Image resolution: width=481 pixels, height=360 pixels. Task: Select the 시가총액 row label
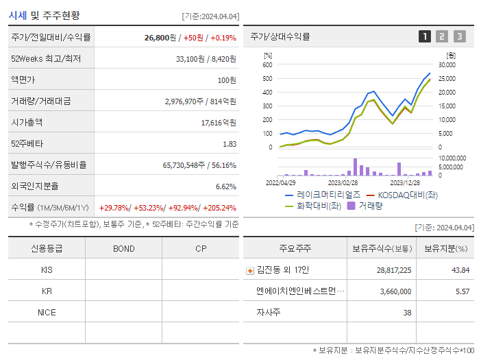point(27,122)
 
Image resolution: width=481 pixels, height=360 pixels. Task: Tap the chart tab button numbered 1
point(425,36)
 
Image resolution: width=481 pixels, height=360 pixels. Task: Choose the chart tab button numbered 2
point(442,36)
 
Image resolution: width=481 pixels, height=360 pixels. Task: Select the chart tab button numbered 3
point(459,36)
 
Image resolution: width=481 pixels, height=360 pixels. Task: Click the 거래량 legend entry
point(370,205)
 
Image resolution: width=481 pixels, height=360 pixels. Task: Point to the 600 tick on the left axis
point(267,64)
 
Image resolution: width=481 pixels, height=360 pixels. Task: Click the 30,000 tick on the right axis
point(447,64)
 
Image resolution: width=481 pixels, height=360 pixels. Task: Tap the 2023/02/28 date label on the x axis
point(343,183)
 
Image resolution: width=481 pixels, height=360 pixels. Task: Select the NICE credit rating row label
point(47,312)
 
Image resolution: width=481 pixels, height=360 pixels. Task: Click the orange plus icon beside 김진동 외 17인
point(249,270)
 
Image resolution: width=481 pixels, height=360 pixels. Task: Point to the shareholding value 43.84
point(460,270)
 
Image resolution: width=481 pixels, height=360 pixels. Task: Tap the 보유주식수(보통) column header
point(381,248)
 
